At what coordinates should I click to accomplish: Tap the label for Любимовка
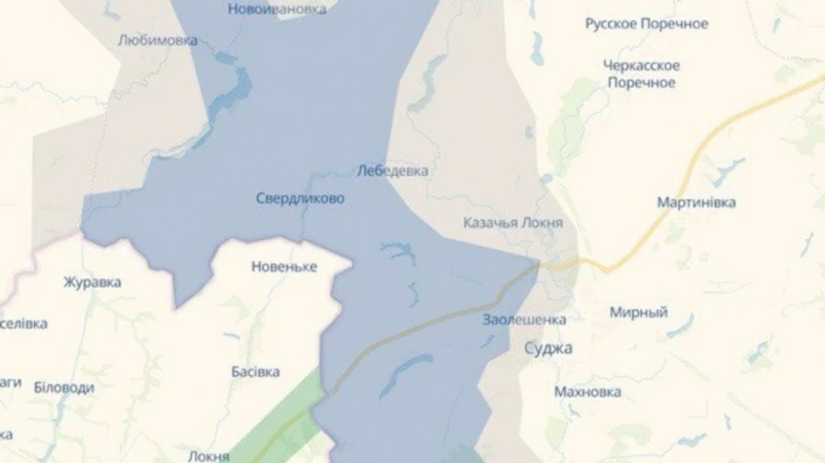tap(158, 40)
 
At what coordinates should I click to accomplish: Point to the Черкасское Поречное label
tap(642, 73)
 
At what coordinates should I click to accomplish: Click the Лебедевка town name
tap(391, 171)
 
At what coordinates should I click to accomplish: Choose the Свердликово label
tap(300, 198)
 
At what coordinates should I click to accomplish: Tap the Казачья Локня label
tap(512, 223)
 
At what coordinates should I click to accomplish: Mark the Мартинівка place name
tap(696, 202)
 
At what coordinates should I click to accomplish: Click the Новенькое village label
tap(283, 267)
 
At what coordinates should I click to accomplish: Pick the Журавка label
tap(92, 281)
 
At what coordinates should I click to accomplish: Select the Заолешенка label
tap(523, 319)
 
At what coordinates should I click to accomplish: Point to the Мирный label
tap(639, 313)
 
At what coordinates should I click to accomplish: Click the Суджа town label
tap(547, 348)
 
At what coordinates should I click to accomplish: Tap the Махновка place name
tap(588, 391)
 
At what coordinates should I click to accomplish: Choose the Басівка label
tap(256, 371)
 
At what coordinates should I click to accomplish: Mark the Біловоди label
tap(64, 387)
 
